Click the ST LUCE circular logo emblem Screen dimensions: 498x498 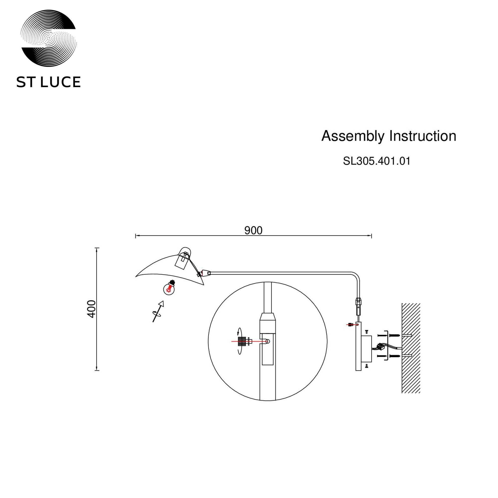49,38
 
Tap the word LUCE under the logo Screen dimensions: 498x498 60,82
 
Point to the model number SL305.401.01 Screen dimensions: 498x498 376,161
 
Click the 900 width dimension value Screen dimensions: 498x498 253,230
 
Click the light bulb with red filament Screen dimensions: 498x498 169,288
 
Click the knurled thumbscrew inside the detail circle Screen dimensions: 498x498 242,341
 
